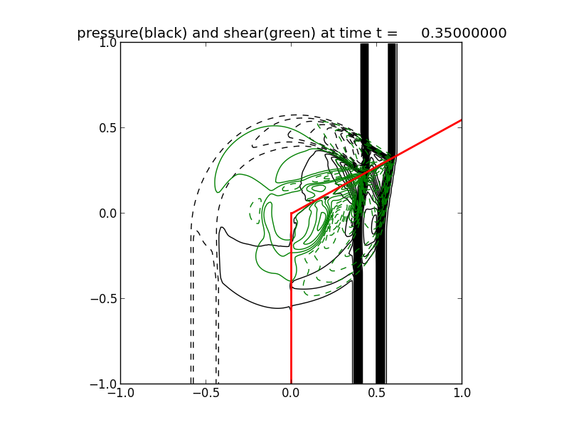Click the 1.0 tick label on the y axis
pyautogui.click(x=106, y=43)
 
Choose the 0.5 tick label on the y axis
pyautogui.click(x=106, y=128)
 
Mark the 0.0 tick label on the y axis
pyautogui.click(x=106, y=213)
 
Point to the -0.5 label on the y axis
pyautogui.click(x=103, y=299)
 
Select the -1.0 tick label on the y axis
pyautogui.click(x=103, y=384)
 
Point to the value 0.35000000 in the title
pyautogui.click(x=464, y=33)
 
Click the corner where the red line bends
pyautogui.click(x=291, y=213)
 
